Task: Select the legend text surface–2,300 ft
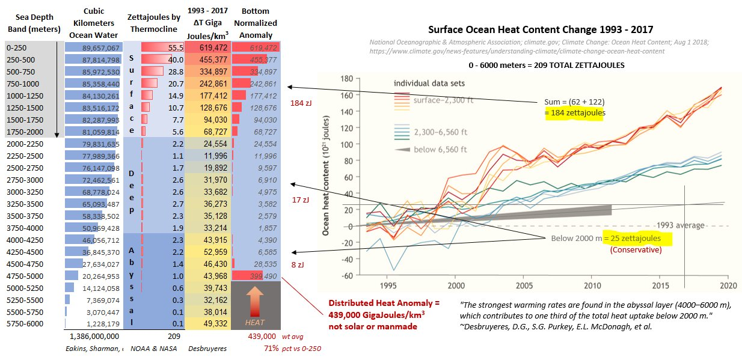point(444,100)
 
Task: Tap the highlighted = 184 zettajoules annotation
point(574,112)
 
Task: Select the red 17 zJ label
point(299,200)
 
